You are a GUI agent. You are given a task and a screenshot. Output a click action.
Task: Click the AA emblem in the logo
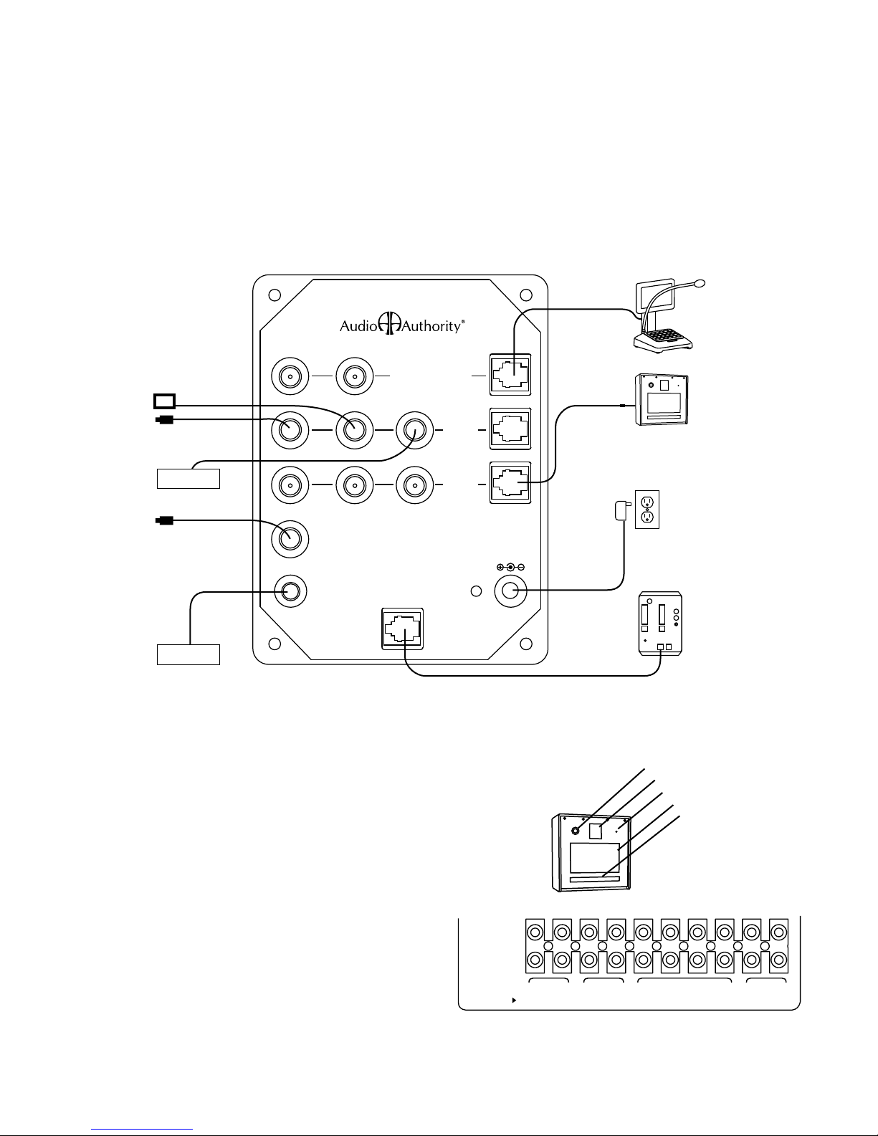tap(388, 324)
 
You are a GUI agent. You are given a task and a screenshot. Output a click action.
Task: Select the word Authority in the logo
tap(429, 326)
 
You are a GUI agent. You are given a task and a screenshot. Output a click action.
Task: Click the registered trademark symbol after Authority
tap(464, 323)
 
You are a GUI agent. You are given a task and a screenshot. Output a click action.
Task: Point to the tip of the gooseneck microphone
tap(700, 282)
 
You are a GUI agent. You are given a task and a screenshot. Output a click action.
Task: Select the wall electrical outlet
tap(647, 510)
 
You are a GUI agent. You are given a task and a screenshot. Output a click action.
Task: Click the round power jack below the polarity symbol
tap(511, 591)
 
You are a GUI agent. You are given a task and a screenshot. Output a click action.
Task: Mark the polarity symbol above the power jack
tap(510, 567)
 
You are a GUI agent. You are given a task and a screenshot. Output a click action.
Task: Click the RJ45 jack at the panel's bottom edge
tap(402, 628)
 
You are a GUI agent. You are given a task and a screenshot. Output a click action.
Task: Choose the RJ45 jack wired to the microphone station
tap(510, 373)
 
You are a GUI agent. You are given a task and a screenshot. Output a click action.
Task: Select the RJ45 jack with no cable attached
tap(510, 428)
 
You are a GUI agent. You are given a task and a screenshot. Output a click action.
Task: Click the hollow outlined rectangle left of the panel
tap(163, 400)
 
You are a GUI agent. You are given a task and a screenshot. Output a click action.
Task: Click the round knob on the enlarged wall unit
tap(576, 831)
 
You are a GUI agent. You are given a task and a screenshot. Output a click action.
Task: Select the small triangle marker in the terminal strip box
tap(514, 998)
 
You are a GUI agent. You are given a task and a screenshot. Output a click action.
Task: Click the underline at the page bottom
tap(143, 1128)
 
